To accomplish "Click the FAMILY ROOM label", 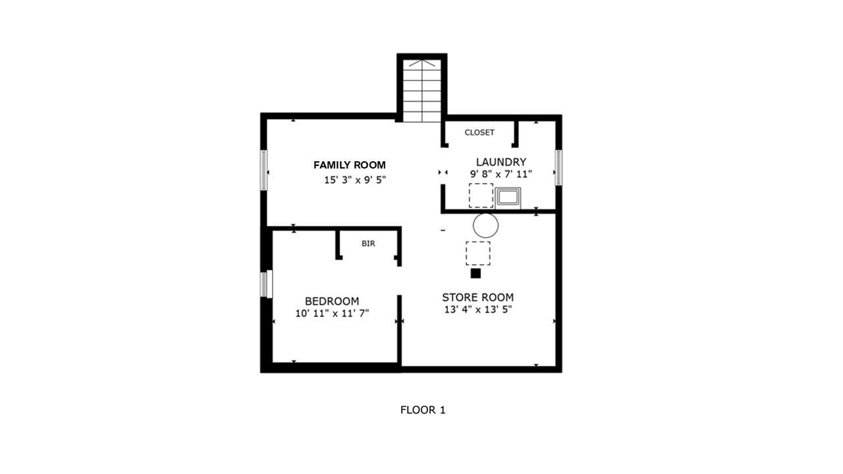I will point(349,165).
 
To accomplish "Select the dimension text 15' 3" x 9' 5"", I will point(354,180).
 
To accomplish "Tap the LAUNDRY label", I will point(501,162).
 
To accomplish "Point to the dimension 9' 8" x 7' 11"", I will point(501,174).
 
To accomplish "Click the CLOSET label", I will point(479,132).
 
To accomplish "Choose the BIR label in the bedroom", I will point(368,244).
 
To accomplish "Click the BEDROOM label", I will point(331,301).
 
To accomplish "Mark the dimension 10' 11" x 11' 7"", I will point(332,314).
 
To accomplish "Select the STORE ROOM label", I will point(477,298).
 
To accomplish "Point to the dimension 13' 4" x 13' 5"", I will point(477,310).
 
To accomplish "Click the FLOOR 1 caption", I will point(423,410).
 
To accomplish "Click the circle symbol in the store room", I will point(485,226).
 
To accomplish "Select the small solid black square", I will point(476,273).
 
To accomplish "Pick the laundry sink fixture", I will point(508,197).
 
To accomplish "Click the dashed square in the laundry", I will point(480,196).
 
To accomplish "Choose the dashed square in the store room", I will point(477,253).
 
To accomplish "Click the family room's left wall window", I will point(264,171).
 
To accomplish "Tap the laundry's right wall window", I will point(558,168).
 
